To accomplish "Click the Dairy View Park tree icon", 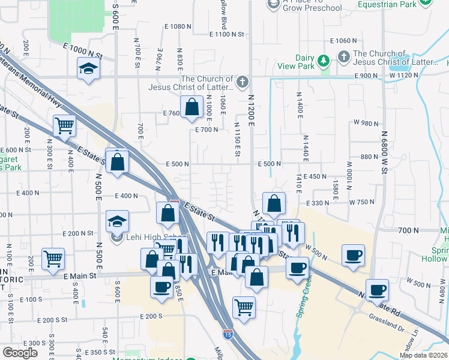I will coord(324,61).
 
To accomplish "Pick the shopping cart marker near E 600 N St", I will coord(64,126).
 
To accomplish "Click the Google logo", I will coord(20,353).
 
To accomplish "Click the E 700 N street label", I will coord(206,130).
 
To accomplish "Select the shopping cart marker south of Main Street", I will coord(244,307).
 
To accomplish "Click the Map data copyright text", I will coord(423,355).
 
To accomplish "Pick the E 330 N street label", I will coord(319,203).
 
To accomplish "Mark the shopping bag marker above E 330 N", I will coord(274,203).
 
